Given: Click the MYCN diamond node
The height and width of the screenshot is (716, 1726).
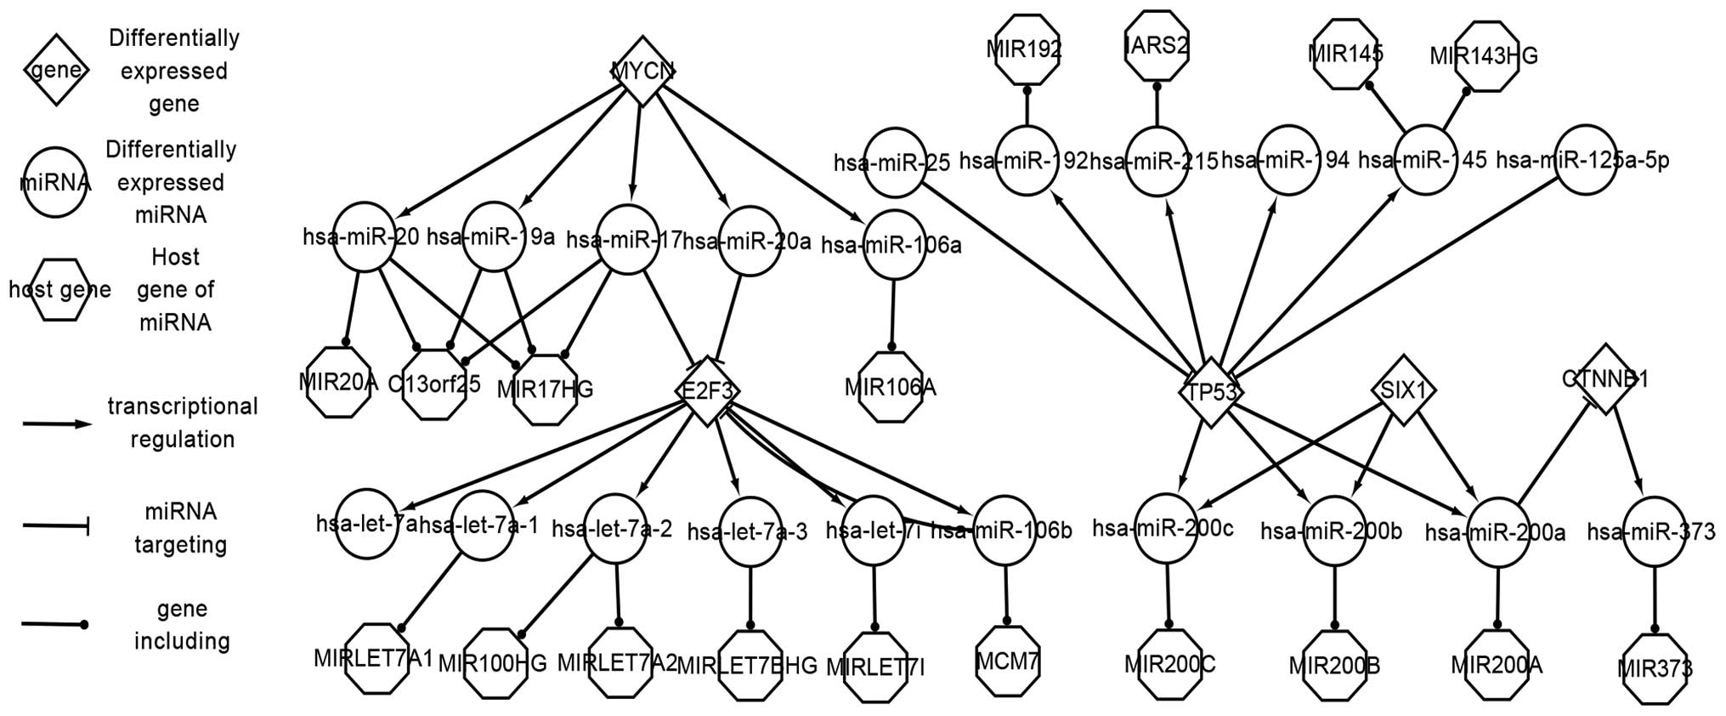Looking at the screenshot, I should point(643,71).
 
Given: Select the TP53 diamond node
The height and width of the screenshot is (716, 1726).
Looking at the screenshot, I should point(1212,392).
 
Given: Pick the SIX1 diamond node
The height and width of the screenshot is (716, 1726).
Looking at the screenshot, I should point(1403,390).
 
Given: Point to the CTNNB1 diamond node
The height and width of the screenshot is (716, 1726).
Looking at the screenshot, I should point(1604,379).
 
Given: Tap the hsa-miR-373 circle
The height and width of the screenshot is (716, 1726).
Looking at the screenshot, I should point(1653,532).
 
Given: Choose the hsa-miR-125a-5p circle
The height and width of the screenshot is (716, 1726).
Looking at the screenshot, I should point(1586,160).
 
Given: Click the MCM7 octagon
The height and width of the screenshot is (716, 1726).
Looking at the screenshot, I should point(1008,660).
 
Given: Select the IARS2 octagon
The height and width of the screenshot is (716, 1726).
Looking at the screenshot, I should point(1156,44).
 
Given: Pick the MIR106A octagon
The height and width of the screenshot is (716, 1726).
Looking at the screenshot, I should point(891,388).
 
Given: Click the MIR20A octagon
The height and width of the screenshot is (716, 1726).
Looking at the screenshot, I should point(338,382).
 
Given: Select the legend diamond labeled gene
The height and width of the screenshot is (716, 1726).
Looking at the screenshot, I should point(55,70).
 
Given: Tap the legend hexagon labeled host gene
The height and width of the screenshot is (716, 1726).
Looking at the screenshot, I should point(59,290).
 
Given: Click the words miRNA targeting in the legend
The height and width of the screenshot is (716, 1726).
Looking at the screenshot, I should point(180,528).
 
